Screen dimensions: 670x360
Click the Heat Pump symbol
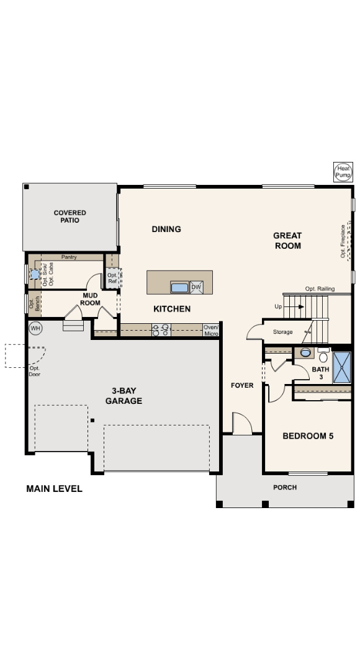coord(343,172)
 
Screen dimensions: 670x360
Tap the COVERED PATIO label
coord(70,217)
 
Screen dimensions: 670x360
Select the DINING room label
coord(166,229)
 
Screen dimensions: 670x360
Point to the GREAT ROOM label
coord(287,241)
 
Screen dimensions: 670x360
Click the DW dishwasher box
coord(196,287)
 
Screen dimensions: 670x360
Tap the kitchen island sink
coord(179,287)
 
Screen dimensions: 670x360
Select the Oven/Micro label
coord(211,331)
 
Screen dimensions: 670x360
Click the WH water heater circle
coord(35,327)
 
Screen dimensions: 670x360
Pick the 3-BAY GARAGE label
coord(124,396)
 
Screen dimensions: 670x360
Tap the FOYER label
coord(242,385)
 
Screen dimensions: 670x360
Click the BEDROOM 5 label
coord(308,436)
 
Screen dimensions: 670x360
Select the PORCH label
coord(285,488)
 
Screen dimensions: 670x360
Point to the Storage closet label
coord(282,333)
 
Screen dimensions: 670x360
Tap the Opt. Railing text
coord(320,289)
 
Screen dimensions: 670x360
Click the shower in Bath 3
coord(342,367)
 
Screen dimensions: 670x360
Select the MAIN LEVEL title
coord(54,489)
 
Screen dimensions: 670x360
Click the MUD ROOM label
coord(90,299)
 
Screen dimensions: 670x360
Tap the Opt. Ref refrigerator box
coord(112,278)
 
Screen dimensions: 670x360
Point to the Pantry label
coord(69,257)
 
